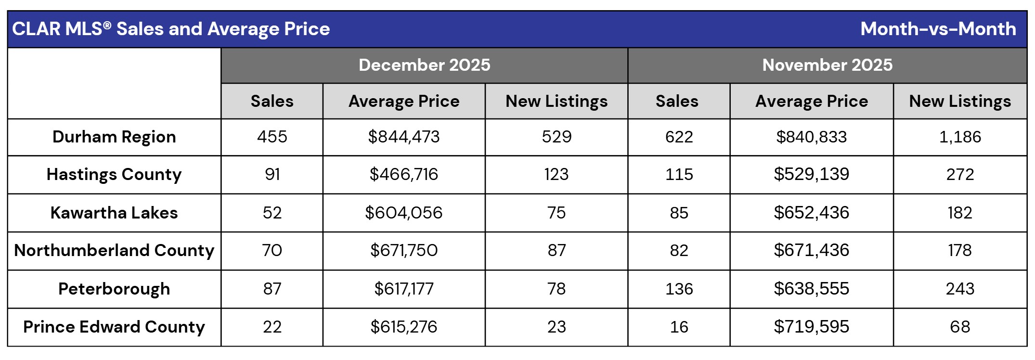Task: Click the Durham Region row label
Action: pos(114,137)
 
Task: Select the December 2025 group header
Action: pos(424,65)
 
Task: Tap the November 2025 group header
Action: pos(827,65)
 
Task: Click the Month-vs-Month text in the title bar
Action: pos(938,29)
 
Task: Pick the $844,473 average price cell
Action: pos(403,137)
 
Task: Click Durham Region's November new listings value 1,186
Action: pos(959,137)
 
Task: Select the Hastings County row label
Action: pos(114,174)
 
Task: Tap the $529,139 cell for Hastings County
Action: pos(811,174)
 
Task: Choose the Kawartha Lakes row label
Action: pos(114,213)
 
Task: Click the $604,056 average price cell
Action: pos(403,213)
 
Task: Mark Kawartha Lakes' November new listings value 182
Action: pos(959,213)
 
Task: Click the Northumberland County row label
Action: pos(114,250)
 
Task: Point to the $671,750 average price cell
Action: pos(403,250)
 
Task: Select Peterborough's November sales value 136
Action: pos(679,289)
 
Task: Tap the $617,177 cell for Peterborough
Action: pos(403,289)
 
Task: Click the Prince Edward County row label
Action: pos(114,327)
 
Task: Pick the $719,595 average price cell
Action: pos(811,327)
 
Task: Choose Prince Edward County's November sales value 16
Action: pos(679,327)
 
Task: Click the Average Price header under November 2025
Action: pos(811,101)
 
